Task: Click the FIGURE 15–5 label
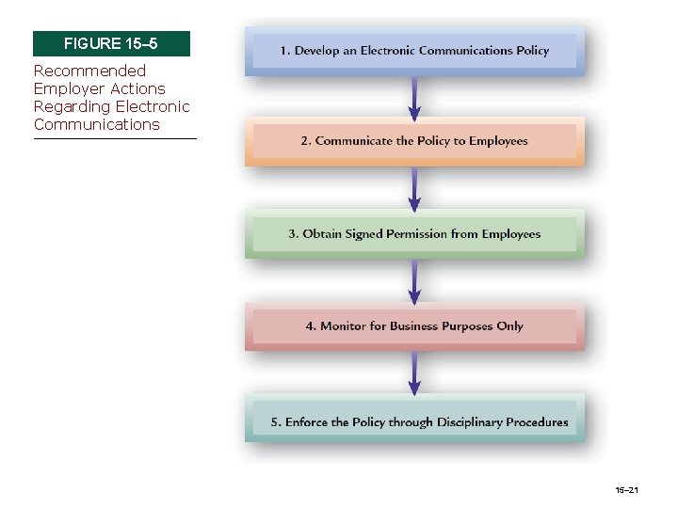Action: (111, 43)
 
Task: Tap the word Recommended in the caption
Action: (89, 71)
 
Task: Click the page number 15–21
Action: (626, 490)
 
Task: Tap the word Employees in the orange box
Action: (495, 141)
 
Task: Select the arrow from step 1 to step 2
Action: (414, 96)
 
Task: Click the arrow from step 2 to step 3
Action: (414, 188)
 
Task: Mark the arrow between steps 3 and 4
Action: (414, 280)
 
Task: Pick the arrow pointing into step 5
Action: (414, 373)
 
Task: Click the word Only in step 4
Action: (509, 326)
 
